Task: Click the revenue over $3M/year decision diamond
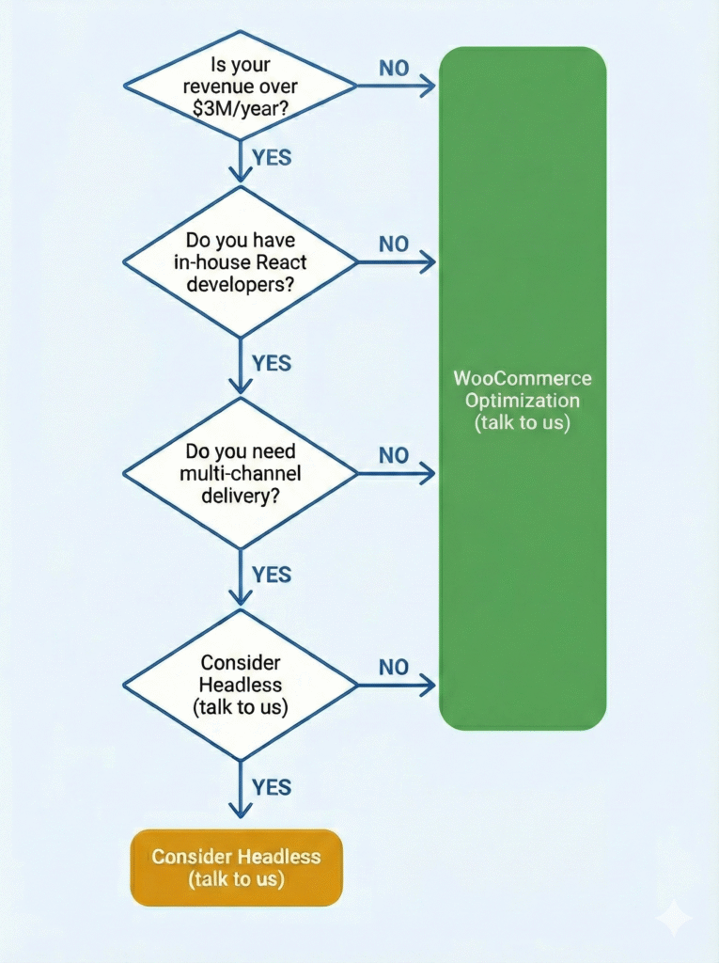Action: click(x=240, y=86)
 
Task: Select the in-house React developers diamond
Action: click(x=240, y=262)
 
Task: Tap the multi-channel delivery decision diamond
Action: click(x=240, y=474)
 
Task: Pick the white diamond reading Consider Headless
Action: click(x=240, y=685)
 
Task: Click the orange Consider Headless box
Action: click(x=237, y=868)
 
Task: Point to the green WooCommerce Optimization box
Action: click(x=523, y=388)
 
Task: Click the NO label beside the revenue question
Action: click(x=394, y=68)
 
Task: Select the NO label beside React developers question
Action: click(x=394, y=244)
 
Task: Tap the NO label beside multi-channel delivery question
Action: click(x=394, y=455)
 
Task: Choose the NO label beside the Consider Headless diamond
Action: click(x=394, y=667)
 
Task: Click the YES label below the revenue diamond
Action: click(x=272, y=158)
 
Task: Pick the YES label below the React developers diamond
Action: click(x=272, y=363)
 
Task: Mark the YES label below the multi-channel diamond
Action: click(x=272, y=575)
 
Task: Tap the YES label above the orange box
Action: click(x=272, y=787)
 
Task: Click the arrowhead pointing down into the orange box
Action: click(x=240, y=810)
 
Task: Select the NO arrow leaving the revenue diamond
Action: click(x=396, y=86)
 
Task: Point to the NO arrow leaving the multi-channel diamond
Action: click(x=396, y=474)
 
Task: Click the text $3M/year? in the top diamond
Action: click(x=240, y=109)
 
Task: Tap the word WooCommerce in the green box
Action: click(x=523, y=378)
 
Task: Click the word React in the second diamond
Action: click(x=281, y=262)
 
